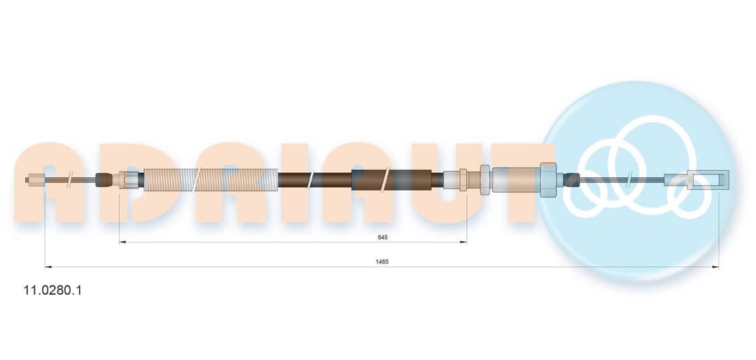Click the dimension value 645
tap(383, 237)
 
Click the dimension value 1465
tap(382, 261)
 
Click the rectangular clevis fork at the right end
tap(697, 179)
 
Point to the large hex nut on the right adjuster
tap(549, 179)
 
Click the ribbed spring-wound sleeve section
tap(211, 179)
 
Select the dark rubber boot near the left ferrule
tap(103, 180)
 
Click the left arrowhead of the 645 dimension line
tap(122, 242)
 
